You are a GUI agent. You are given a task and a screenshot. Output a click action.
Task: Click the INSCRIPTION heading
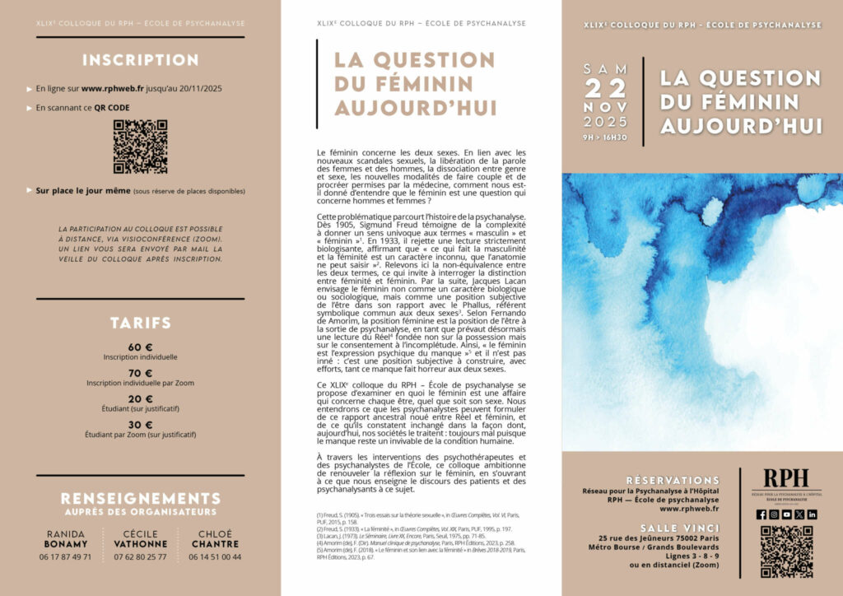[x=140, y=60]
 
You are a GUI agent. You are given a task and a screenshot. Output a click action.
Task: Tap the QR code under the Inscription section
[x=140, y=147]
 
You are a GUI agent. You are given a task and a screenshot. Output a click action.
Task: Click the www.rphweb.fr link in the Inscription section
[x=114, y=88]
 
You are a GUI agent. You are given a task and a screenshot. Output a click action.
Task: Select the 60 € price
[x=140, y=347]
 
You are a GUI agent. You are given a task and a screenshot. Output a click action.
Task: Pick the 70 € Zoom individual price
[x=140, y=372]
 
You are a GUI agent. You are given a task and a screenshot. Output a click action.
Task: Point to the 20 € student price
[x=140, y=398]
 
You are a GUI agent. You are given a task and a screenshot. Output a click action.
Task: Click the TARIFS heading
[x=140, y=323]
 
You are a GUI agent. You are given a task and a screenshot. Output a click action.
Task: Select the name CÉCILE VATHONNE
[x=140, y=538]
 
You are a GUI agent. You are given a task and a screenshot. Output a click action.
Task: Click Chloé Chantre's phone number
[x=213, y=557]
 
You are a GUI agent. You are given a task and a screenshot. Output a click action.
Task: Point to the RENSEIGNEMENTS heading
[x=140, y=498]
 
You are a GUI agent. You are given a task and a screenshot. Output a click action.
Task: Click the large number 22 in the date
[x=605, y=89]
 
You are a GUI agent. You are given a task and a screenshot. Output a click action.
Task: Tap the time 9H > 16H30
[x=605, y=137]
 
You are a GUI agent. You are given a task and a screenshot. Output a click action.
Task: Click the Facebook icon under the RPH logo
[x=761, y=515]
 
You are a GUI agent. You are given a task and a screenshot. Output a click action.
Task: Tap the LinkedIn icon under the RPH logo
[x=812, y=515]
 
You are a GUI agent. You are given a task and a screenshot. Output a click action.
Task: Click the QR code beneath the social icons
[x=786, y=552]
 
